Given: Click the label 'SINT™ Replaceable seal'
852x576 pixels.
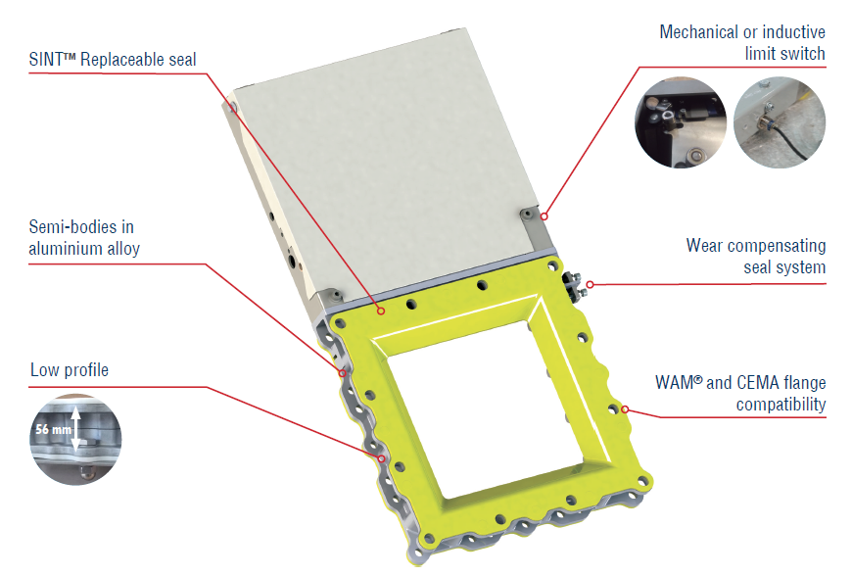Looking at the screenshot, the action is tap(113, 59).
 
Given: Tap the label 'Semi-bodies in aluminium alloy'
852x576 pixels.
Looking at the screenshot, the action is tap(84, 237).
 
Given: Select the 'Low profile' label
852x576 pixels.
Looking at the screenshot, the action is tap(70, 370).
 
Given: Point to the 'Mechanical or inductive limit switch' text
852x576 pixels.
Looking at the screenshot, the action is tap(742, 43).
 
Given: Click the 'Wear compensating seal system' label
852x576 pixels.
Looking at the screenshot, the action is tap(756, 256).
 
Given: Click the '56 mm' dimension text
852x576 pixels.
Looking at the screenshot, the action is tap(53, 429).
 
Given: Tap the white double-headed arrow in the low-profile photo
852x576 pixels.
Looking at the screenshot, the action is tap(76, 429).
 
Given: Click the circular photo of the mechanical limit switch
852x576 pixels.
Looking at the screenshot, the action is tap(681, 122).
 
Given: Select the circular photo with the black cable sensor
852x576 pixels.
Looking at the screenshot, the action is tap(780, 122).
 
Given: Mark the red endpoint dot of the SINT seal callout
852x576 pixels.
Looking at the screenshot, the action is tap(382, 311).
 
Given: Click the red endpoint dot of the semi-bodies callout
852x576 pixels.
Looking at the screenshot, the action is tap(343, 373).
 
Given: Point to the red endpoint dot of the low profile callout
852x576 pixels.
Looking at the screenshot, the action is tap(382, 459).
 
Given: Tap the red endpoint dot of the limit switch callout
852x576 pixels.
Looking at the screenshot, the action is tap(544, 216).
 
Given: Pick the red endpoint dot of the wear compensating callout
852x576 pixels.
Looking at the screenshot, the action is tap(591, 284).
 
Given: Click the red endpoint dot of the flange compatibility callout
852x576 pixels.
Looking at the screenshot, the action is tap(625, 409).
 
